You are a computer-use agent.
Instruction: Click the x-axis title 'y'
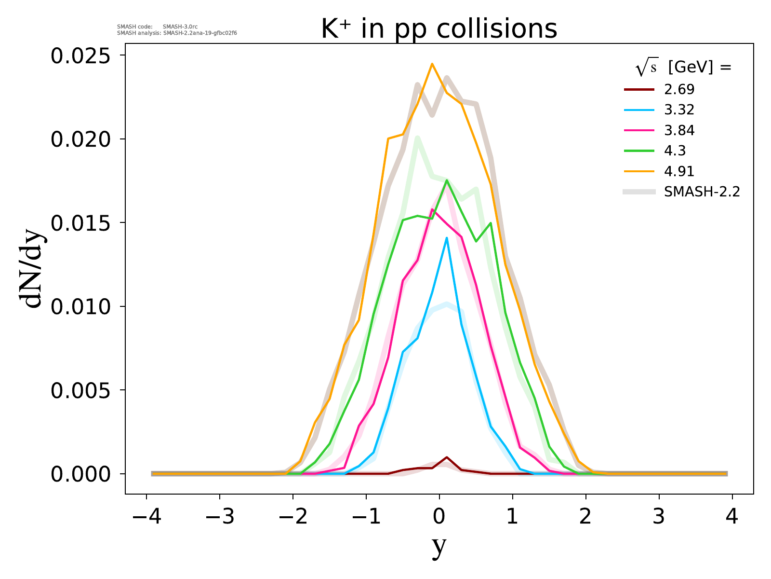click(439, 546)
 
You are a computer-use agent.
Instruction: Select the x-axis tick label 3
click(659, 517)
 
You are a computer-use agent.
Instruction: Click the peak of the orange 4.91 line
click(432, 64)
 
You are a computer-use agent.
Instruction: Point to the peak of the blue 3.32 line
click(447, 237)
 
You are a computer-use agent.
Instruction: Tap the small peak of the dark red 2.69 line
click(447, 457)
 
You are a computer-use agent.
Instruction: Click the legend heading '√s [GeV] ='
click(683, 68)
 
